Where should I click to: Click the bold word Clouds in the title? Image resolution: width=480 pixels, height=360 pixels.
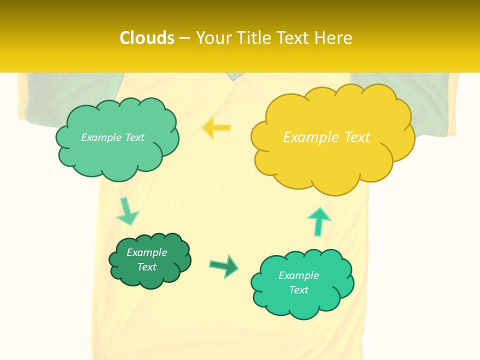pos(147,38)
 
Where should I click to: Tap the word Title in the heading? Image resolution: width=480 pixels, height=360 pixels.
pos(254,38)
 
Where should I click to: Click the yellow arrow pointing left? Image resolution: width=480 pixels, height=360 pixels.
pos(216,127)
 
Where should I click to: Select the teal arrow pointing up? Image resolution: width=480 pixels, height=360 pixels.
pos(318,220)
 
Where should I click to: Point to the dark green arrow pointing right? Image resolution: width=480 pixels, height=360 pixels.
pos(223,265)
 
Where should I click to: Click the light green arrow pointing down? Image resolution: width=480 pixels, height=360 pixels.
pos(127,211)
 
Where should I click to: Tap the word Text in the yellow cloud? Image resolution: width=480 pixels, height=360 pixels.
pos(357,137)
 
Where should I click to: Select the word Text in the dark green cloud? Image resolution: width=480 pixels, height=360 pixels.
pos(147,267)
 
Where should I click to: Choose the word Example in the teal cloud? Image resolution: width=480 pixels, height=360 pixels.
pos(298,275)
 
